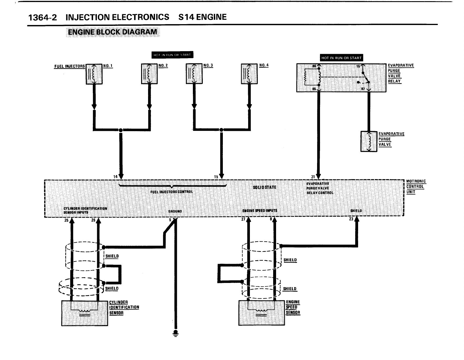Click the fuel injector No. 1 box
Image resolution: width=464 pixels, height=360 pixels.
(x=94, y=74)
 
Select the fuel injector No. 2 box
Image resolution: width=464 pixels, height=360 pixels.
(x=149, y=74)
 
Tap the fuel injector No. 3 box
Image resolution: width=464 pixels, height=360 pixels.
(x=194, y=74)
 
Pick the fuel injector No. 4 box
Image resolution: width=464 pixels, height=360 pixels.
(x=249, y=74)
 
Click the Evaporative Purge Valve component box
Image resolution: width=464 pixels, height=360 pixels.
(x=369, y=141)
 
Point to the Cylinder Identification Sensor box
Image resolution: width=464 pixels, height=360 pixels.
(x=84, y=313)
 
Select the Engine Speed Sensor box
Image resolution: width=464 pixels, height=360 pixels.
(x=262, y=313)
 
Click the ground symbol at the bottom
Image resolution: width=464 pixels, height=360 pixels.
(x=175, y=332)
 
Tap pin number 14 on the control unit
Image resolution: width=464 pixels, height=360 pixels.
(x=115, y=177)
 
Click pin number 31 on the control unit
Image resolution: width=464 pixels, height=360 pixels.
(x=313, y=177)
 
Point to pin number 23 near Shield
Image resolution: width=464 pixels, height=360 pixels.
(x=351, y=219)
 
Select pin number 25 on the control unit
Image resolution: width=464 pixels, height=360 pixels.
(x=66, y=220)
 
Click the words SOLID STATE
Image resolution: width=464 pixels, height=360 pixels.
(x=264, y=187)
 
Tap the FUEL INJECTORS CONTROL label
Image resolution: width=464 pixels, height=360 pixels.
(x=171, y=192)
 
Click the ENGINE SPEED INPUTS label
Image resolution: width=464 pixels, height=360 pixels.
(x=260, y=211)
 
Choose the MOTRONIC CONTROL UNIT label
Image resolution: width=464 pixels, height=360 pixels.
(x=416, y=186)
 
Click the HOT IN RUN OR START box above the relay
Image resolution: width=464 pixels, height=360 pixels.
(x=341, y=58)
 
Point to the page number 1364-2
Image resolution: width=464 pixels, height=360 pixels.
(x=42, y=17)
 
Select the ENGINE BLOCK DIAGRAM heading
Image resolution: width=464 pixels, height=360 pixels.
(x=112, y=32)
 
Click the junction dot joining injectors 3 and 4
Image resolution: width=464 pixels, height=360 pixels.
(x=221, y=130)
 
